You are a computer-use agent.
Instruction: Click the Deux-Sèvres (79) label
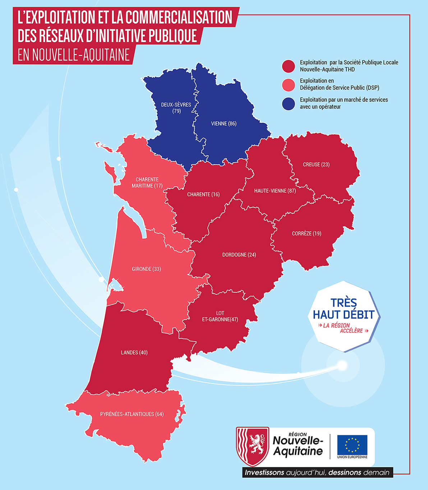click(x=176, y=108)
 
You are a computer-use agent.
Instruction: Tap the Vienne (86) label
click(x=224, y=124)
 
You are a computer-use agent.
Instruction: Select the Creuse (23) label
click(x=316, y=165)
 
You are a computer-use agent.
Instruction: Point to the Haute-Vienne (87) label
click(x=275, y=191)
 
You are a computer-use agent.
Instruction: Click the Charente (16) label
click(x=203, y=194)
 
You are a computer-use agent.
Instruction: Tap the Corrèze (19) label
click(x=307, y=234)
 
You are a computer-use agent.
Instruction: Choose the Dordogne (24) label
click(x=239, y=255)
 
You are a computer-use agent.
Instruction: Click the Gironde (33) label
click(x=146, y=269)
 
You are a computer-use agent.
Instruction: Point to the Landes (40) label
click(x=134, y=353)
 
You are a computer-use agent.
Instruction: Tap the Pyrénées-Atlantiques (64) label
click(x=132, y=414)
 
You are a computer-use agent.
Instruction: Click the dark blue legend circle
click(x=289, y=103)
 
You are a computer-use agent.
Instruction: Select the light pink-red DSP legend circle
click(x=289, y=84)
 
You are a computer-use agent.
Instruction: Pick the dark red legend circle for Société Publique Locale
click(x=289, y=66)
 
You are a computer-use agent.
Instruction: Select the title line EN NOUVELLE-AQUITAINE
click(x=74, y=55)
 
